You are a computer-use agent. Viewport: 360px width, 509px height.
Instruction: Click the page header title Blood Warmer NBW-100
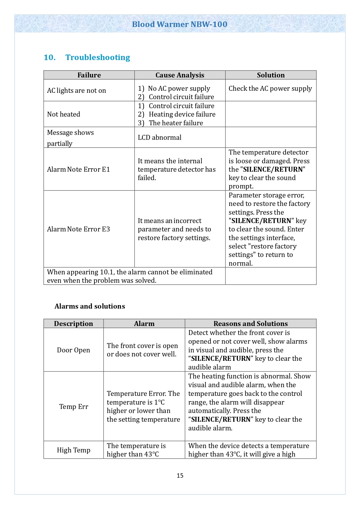[180, 24]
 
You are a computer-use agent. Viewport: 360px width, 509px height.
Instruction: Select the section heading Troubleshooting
[98, 57]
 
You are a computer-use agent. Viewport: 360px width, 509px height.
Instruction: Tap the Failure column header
[89, 75]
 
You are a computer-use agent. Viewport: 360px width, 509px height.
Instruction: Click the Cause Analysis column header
[180, 75]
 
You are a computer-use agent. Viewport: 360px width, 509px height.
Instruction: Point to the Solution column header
[271, 75]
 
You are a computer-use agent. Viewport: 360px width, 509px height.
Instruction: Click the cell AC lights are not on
[77, 90]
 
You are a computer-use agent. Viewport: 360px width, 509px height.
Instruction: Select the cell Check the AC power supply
[270, 88]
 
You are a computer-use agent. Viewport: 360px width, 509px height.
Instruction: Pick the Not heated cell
[64, 114]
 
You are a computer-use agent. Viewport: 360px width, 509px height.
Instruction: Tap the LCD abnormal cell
[160, 137]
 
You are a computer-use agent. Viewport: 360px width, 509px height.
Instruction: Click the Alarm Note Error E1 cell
[79, 169]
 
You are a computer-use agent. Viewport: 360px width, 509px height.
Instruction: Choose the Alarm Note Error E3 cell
[79, 229]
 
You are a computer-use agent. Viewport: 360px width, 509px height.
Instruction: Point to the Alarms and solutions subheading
[90, 306]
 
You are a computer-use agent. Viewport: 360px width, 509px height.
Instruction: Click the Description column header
[73, 324]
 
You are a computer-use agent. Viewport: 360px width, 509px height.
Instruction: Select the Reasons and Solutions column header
[251, 324]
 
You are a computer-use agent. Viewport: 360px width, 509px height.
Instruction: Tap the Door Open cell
[73, 350]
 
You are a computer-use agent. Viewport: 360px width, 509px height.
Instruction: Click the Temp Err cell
[74, 407]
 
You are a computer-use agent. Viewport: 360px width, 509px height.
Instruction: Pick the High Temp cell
[74, 450]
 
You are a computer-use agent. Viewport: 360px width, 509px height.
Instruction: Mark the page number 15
[180, 476]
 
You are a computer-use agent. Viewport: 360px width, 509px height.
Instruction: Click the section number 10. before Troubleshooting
[50, 57]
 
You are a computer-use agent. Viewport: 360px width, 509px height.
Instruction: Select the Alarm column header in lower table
[144, 324]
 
